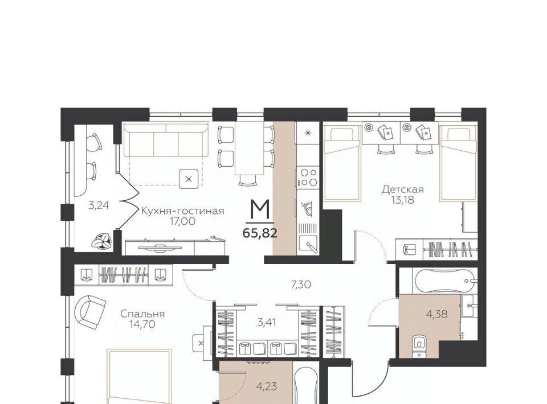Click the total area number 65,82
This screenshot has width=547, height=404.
(260, 233)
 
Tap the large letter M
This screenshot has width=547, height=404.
(260, 210)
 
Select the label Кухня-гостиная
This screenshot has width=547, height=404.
(182, 211)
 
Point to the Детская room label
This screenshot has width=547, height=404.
(403, 189)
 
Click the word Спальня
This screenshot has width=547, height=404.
(142, 314)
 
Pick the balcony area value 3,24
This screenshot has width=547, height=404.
(99, 205)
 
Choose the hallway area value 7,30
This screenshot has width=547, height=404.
(301, 285)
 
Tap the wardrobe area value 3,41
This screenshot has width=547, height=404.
(267, 322)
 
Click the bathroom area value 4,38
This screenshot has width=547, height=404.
(437, 314)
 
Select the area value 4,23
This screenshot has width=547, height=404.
(267, 386)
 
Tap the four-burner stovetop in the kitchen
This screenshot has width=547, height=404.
(307, 178)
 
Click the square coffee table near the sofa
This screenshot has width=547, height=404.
(189, 179)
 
